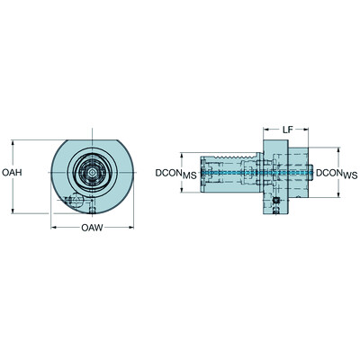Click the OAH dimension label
pos(12,172)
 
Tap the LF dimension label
pos(285,130)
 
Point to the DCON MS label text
pos(172,172)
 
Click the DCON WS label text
pos(337,172)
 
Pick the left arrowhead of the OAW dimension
pos(54,228)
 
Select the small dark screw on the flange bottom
pos(277,200)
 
